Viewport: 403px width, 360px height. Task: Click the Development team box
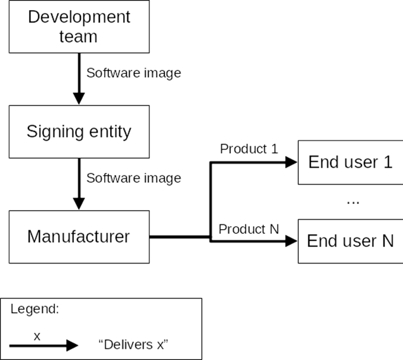[79, 26]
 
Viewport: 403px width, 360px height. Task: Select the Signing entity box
[79, 131]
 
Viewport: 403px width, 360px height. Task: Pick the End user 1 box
[350, 162]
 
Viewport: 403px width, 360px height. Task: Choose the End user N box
[350, 241]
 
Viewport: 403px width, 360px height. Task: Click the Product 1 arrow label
[249, 149]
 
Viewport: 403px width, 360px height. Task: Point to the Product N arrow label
[249, 229]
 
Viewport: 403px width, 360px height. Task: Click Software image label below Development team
[134, 73]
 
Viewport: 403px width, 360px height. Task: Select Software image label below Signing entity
[134, 178]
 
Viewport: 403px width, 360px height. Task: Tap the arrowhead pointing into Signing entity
[79, 99]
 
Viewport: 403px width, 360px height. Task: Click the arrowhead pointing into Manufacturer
[79, 203]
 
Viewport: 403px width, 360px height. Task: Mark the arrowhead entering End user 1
[291, 162]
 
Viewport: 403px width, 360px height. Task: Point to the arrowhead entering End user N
[291, 240]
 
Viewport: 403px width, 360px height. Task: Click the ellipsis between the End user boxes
[353, 202]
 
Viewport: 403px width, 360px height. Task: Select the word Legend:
[35, 309]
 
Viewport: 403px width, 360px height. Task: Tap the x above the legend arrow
[37, 336]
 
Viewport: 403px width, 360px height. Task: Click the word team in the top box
[79, 37]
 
